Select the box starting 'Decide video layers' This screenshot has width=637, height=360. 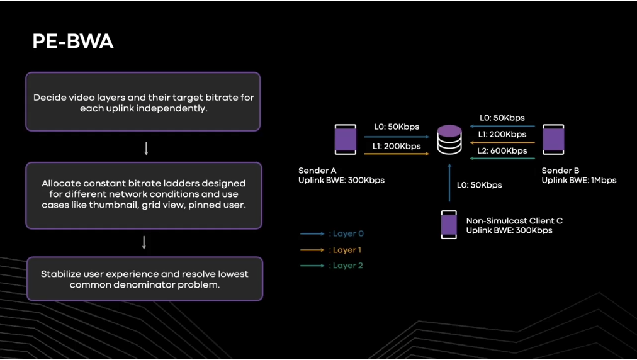(143, 102)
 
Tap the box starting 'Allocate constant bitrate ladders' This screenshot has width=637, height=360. (144, 195)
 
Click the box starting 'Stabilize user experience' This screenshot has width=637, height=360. (144, 279)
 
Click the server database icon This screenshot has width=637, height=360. (449, 140)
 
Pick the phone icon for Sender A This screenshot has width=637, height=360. (344, 140)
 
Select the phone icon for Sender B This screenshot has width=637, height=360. (553, 140)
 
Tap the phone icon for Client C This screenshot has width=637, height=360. (449, 225)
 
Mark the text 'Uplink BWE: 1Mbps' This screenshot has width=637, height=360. (579, 181)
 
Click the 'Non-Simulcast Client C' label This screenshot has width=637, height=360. (514, 221)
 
